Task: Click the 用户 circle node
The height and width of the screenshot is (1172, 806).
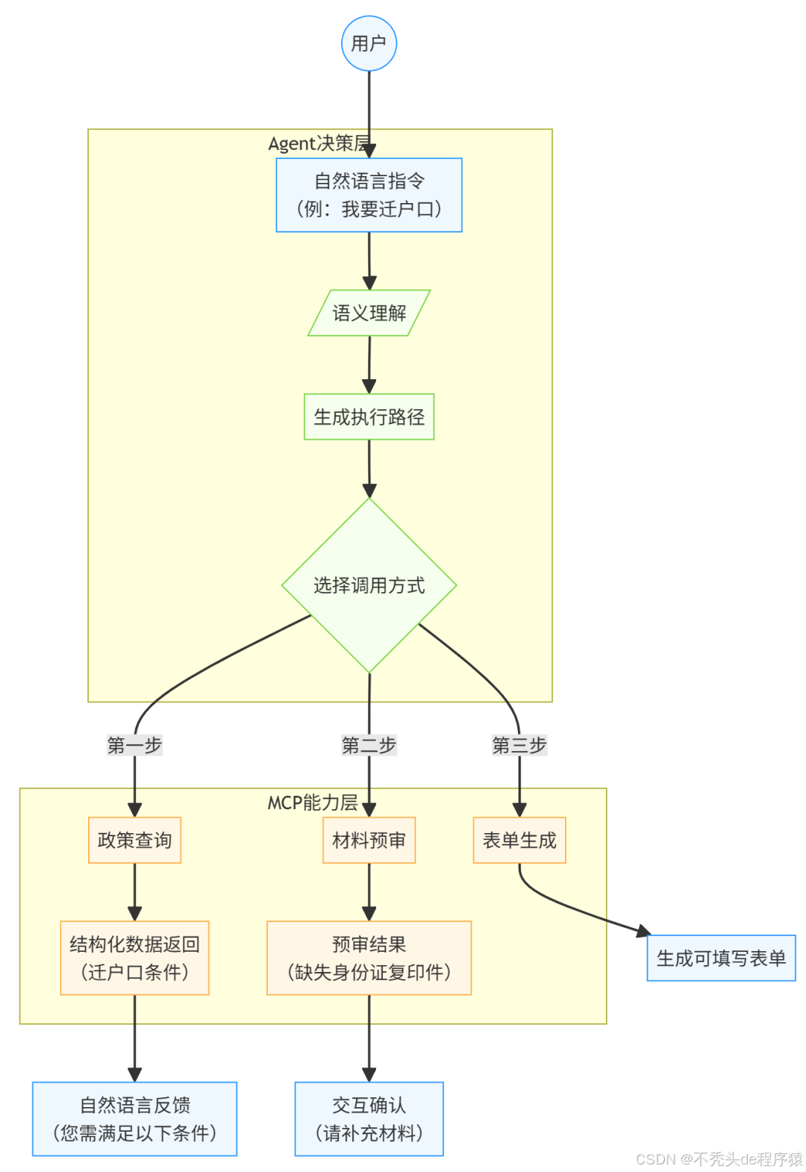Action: tap(369, 43)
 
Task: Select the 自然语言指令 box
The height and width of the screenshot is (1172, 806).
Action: tap(369, 195)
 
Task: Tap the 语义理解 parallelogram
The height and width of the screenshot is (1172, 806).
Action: tap(369, 313)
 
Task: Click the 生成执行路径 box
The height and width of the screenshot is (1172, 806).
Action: tap(369, 417)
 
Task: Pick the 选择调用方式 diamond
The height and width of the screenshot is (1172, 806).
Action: tap(369, 585)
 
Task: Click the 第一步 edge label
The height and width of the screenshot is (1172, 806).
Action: tap(134, 745)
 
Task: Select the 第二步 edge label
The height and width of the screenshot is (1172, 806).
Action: tap(369, 745)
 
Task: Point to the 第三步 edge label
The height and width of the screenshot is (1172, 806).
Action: tap(519, 745)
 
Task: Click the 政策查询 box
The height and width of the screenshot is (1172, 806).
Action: tap(134, 841)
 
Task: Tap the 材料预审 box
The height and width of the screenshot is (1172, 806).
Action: tap(369, 841)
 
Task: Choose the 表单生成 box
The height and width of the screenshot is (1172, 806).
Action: tap(519, 841)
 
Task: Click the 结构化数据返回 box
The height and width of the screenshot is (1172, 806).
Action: tap(134, 958)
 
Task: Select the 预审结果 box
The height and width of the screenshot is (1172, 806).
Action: tap(369, 958)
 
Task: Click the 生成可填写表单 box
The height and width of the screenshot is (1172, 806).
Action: tap(721, 958)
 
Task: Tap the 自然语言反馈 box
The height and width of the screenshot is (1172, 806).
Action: tap(134, 1119)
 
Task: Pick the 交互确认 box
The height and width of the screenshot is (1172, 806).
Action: tap(369, 1119)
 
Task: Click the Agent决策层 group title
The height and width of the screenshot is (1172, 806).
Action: tap(319, 143)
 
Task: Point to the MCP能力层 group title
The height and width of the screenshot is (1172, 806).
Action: tap(313, 802)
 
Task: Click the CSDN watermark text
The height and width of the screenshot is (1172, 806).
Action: tap(719, 1159)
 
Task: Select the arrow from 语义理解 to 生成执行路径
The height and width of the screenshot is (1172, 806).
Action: tap(369, 364)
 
